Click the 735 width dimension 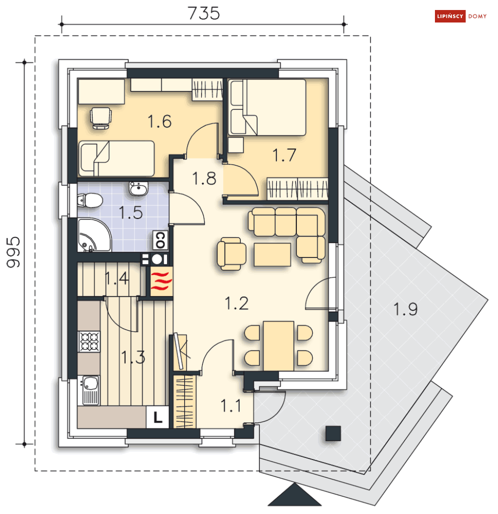point(204,13)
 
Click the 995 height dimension point(14,252)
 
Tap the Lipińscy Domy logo point(460,16)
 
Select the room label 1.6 point(160,121)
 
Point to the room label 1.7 point(284,155)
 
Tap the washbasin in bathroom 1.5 point(139,188)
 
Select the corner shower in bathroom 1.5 point(94,234)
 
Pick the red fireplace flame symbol point(161,281)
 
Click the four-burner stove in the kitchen point(89,341)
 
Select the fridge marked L point(158,417)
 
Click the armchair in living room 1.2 point(231,253)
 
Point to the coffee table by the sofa point(272,254)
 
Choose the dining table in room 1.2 point(278,346)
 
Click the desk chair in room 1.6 point(101,118)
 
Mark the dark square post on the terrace point(333,433)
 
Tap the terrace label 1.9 point(405,309)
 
